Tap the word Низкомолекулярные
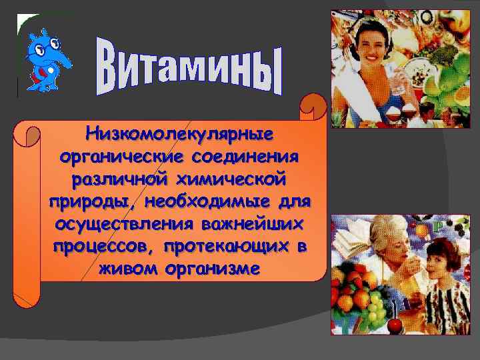pos(180,134)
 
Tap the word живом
pos(125,269)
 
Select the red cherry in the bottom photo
pos(394,325)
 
